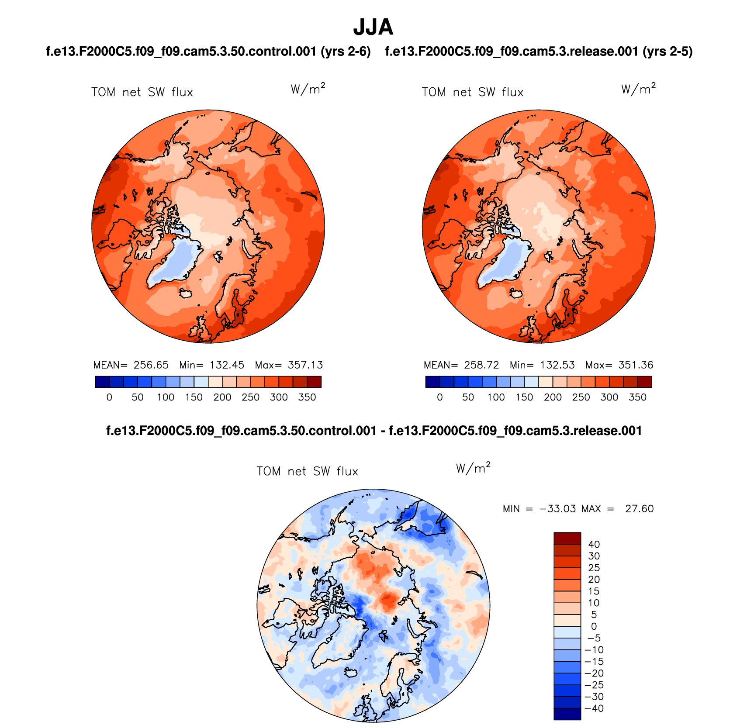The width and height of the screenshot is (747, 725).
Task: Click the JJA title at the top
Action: (x=373, y=27)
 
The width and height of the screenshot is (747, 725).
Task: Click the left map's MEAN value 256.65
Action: (x=151, y=365)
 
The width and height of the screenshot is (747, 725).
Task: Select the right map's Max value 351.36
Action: (x=636, y=365)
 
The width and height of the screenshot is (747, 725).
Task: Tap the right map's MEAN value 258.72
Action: (x=481, y=365)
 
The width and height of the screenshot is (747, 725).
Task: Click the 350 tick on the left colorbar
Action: (x=307, y=397)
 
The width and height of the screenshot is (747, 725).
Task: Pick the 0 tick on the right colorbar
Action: (x=440, y=397)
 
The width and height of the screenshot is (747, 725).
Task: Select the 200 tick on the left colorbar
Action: (x=222, y=397)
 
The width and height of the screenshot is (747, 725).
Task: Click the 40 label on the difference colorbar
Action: (x=594, y=544)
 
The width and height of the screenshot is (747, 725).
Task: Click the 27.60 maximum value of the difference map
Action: (x=639, y=509)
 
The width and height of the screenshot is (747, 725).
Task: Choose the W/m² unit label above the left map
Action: (x=308, y=89)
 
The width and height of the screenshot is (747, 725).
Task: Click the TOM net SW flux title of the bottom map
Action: (x=307, y=472)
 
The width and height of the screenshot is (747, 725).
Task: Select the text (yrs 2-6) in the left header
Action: (x=346, y=52)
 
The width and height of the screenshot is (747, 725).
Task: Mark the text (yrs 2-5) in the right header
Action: (x=667, y=52)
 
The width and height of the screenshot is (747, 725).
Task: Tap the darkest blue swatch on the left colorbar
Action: (x=102, y=382)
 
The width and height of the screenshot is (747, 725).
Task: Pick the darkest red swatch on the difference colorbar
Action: (x=567, y=538)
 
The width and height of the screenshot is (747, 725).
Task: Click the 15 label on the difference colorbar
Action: (x=594, y=591)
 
